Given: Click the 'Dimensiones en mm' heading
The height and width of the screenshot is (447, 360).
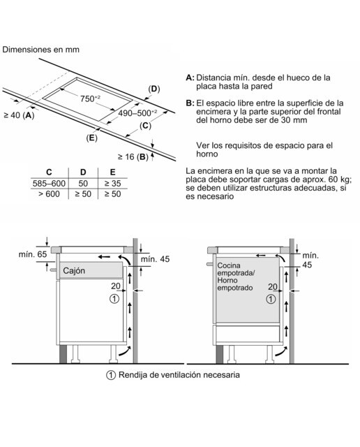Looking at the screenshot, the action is [x=40, y=50].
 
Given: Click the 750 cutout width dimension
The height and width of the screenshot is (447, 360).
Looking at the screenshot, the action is [x=90, y=98].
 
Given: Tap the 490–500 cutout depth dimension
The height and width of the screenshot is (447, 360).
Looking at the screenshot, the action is [x=137, y=113].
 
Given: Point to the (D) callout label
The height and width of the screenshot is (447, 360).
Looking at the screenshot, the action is [x=153, y=89].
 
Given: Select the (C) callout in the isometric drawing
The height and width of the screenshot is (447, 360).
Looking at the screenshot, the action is [x=145, y=126].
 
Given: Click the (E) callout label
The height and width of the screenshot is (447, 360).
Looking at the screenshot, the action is [x=91, y=138].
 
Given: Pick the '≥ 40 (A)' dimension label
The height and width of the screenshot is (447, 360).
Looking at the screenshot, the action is [x=19, y=115].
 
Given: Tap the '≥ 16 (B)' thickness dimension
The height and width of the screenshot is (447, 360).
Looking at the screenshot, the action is [x=133, y=156].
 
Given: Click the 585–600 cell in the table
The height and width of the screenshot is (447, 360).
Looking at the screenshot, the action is [x=49, y=183].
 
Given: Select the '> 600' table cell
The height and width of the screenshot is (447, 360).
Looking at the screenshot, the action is [x=49, y=194].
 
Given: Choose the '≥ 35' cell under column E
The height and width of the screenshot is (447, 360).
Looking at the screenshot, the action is [x=112, y=183].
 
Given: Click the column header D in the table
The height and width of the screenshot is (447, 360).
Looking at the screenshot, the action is [x=83, y=173].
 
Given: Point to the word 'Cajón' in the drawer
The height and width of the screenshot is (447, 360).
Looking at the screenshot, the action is [x=74, y=270].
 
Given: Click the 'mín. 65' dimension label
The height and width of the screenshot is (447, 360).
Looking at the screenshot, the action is [x=33, y=254].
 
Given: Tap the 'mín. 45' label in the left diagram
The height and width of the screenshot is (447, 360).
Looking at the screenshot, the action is [x=155, y=259].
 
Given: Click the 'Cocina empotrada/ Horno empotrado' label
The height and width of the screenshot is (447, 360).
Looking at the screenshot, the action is [x=235, y=277].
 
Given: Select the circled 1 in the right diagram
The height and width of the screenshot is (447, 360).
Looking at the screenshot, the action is [x=271, y=299].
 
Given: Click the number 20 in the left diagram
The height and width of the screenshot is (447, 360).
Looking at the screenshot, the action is [x=116, y=286].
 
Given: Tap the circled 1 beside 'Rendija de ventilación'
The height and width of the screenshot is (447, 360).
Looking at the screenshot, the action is [x=111, y=375].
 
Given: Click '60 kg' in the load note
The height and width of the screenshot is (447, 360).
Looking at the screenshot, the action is [x=340, y=179].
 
